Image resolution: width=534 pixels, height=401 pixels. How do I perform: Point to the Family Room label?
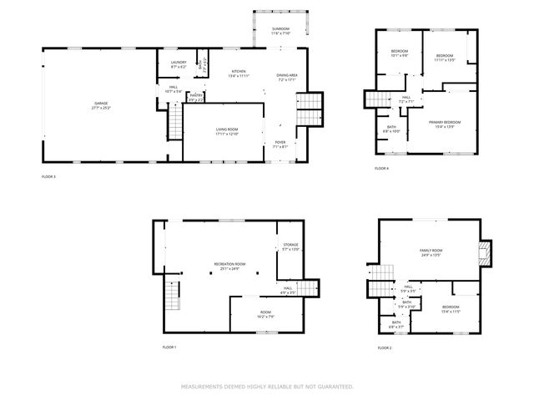click(431, 251)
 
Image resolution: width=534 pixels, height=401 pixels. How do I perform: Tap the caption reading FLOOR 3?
click(48, 177)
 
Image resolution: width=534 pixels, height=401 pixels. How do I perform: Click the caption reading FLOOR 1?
click(169, 347)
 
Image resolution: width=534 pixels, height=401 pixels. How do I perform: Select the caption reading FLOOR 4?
click(381, 169)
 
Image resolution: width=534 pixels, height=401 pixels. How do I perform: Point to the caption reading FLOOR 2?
click(385, 347)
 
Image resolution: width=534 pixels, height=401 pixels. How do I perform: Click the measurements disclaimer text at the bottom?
click(267, 387)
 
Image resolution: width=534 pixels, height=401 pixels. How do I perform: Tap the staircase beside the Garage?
click(175, 123)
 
